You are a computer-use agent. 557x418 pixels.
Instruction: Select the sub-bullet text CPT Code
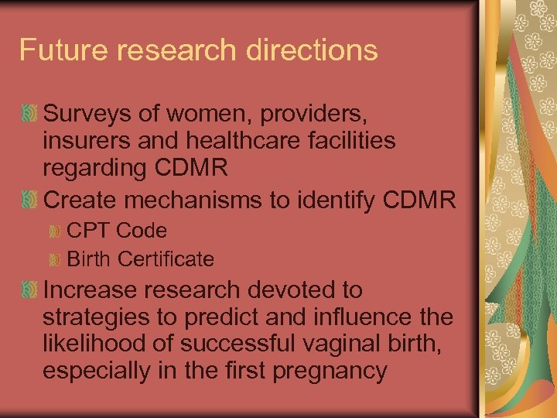[x=117, y=231]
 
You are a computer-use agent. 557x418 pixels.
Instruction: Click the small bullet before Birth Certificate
[x=54, y=259]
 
